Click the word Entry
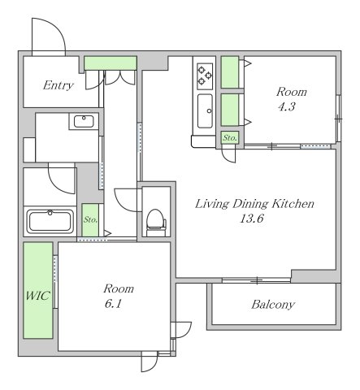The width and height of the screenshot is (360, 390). pos(59,85)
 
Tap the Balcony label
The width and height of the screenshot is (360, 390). pos(273,305)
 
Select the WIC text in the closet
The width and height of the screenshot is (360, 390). pos(37,296)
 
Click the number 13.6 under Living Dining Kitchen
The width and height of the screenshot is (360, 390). pos(252,219)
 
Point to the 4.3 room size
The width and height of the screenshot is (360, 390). pos(286,106)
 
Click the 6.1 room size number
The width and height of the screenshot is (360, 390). pos(113,304)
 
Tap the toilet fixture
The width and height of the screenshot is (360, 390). pos(156,223)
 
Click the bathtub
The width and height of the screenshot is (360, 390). pos(50,221)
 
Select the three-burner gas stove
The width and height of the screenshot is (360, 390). pos(205,76)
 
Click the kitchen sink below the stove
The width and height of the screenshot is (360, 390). pos(205,110)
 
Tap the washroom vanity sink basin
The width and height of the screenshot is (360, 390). pos(84,121)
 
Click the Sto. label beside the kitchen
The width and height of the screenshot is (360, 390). pos(230,138)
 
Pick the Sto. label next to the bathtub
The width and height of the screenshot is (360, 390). pos(90,219)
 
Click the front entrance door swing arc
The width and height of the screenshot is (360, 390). pos(56,27)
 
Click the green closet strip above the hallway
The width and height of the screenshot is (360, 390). pos(111,63)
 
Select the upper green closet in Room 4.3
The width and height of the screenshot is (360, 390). pos(230,72)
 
